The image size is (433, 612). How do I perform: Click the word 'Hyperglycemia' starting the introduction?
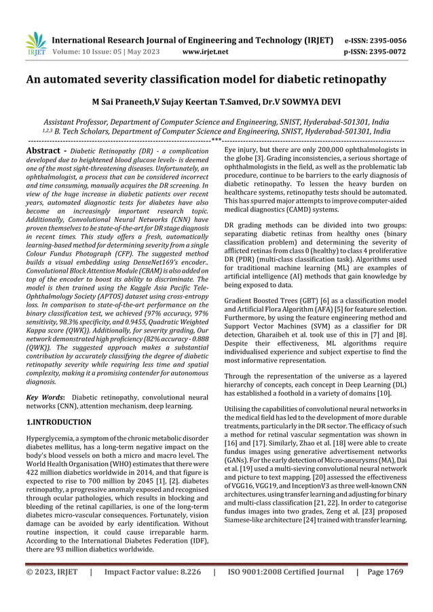[52, 440]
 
